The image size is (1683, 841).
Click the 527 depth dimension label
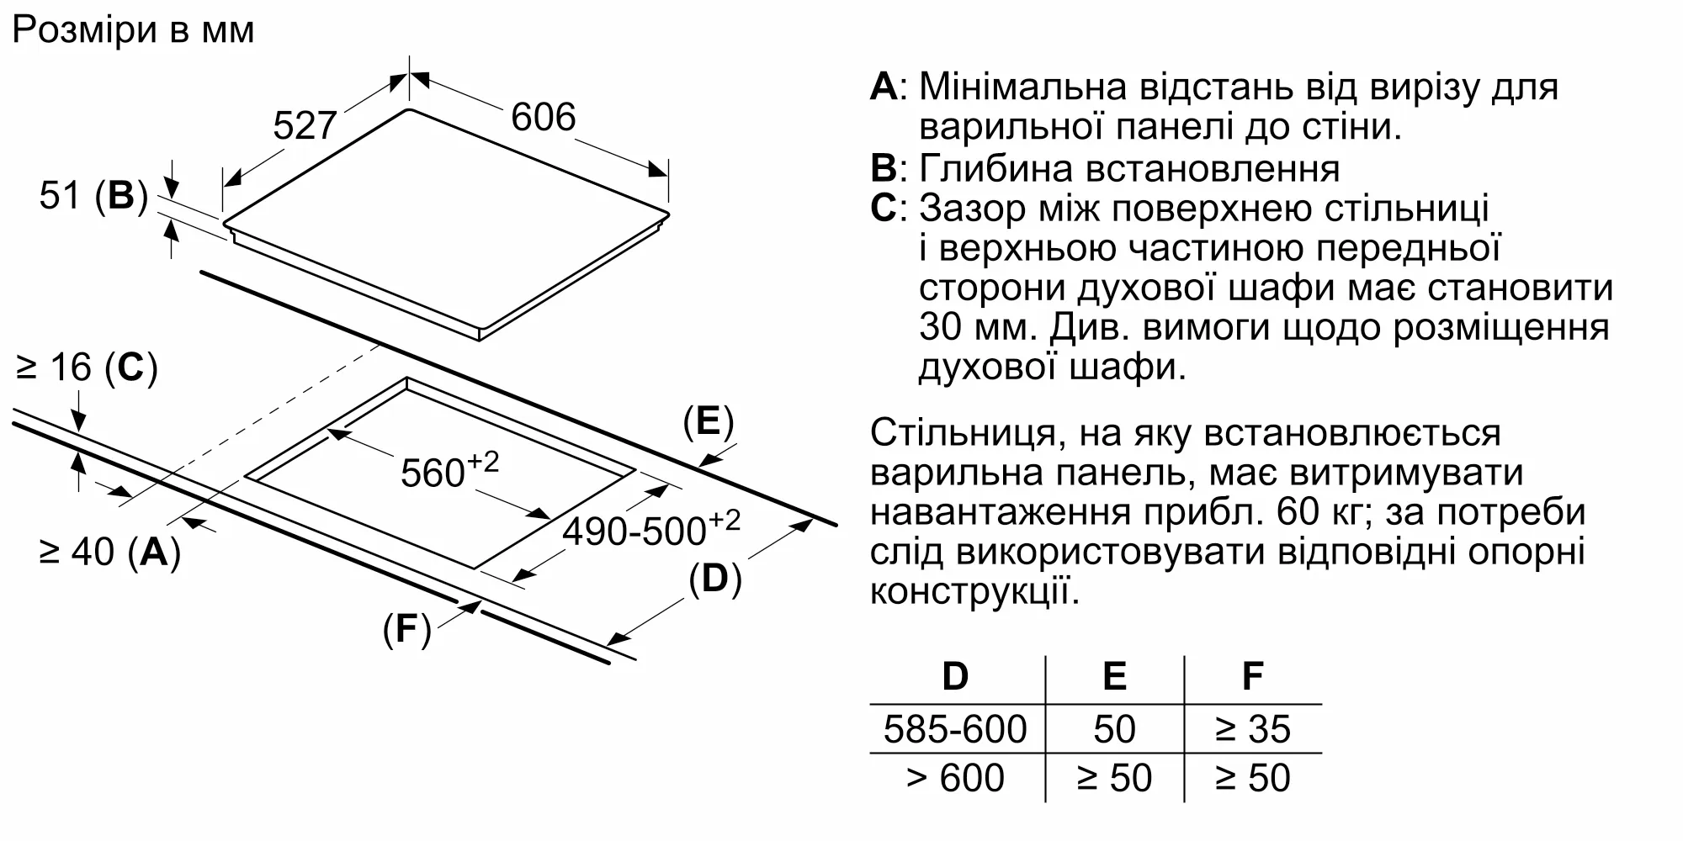pos(305,126)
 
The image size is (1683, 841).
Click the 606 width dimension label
pos(543,118)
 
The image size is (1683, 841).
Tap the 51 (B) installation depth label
pos(93,196)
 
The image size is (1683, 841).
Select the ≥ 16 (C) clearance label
pos(87,368)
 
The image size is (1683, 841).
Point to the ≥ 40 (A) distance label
pos(109,552)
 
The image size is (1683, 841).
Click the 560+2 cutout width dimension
pos(449,471)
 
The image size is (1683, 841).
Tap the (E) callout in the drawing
pos(708,421)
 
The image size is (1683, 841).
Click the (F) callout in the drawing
pos(406,629)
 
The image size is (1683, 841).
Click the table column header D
pos(955,676)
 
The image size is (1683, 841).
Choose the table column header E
pos(1114,676)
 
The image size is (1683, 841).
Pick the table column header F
pos(1252,676)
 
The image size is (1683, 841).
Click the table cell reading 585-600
pos(955,729)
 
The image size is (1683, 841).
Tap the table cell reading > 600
pos(955,778)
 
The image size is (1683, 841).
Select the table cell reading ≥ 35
pos(1252,729)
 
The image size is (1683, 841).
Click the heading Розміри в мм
pos(133,30)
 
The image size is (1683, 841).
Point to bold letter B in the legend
pos(884,168)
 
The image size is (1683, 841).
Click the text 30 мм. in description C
pos(975,327)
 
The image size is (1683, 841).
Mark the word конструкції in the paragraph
pos(974,591)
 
